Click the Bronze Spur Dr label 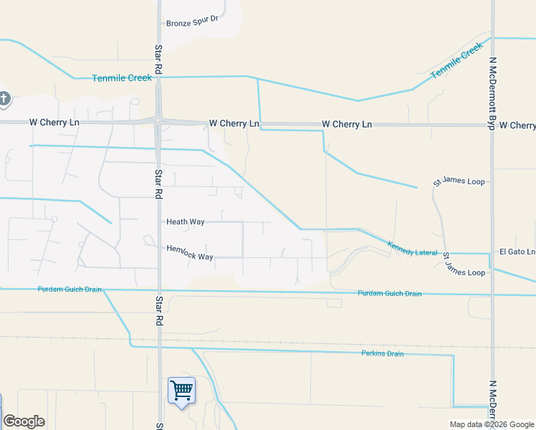191,23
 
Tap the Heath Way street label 186,222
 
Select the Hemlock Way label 190,252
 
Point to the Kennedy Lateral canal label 412,249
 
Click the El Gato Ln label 517,252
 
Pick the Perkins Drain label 382,353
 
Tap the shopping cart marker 181,391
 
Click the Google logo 24,421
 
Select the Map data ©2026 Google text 492,424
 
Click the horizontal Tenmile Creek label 122,77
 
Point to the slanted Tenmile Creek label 456,61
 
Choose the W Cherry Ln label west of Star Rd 54,123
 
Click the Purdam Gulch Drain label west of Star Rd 70,290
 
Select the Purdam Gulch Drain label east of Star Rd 389,293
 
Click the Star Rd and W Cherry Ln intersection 158,122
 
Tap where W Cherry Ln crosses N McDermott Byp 492,125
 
